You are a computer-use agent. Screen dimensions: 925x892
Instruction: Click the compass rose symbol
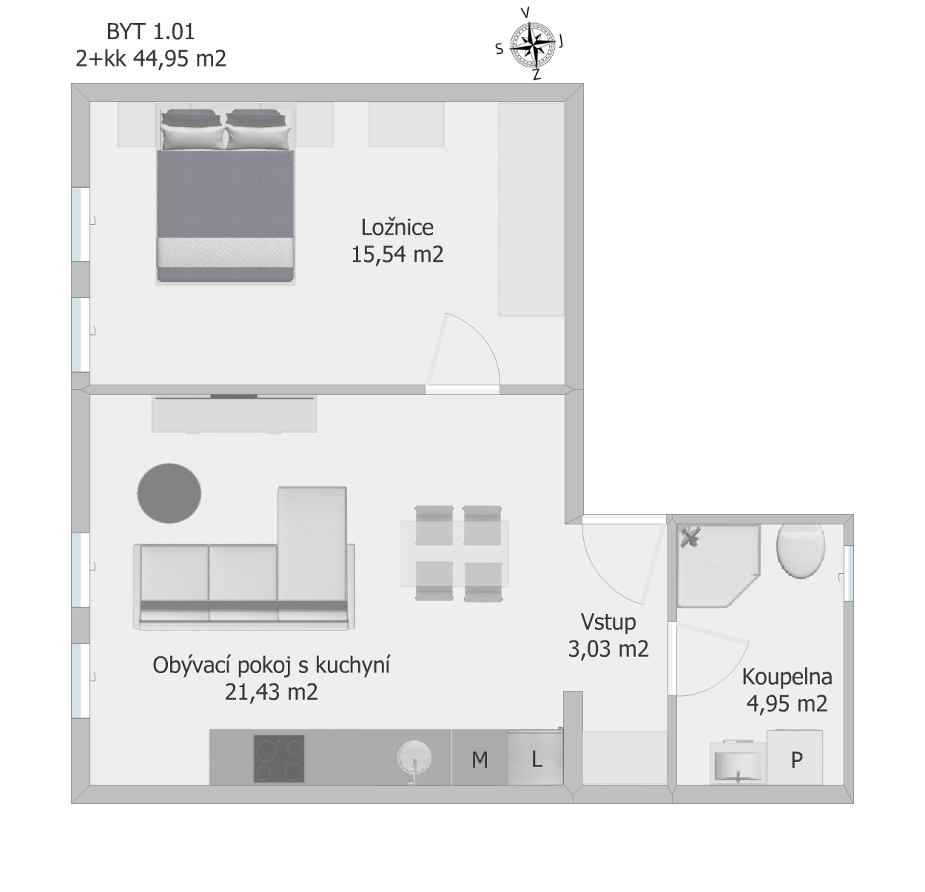532,46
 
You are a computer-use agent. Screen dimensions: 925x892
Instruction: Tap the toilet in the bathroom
801,551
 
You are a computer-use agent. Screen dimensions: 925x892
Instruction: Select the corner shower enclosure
719,566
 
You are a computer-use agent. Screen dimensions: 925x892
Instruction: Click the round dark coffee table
169,493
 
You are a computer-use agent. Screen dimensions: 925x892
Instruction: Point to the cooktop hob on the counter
279,758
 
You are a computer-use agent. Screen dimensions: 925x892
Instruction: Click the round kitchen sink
414,757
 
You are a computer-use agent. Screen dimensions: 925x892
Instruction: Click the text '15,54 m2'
397,254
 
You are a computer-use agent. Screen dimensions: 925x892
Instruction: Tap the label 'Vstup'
608,622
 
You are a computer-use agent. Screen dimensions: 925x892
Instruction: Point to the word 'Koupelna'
787,677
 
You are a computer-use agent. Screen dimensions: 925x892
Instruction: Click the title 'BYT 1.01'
151,32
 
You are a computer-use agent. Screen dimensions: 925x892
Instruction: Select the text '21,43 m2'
272,692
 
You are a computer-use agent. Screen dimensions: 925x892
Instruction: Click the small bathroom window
849,574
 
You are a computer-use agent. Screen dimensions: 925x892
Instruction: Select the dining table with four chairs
454,553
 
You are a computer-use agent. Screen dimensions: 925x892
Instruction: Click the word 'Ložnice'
397,228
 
